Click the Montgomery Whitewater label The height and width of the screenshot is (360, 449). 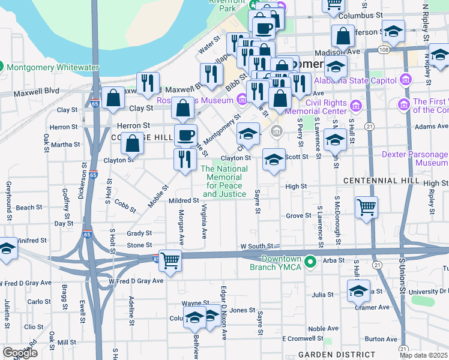pyautogui.click(x=53, y=68)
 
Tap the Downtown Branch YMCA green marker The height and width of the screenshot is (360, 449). pyautogui.click(x=310, y=262)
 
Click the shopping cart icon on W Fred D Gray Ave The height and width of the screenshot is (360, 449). pyautogui.click(x=170, y=261)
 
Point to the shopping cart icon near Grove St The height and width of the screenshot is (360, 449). pyautogui.click(x=366, y=208)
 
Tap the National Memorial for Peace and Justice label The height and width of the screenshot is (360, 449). pyautogui.click(x=224, y=181)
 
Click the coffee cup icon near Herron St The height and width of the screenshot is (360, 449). pyautogui.click(x=185, y=134)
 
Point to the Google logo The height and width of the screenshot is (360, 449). pyautogui.click(x=19, y=353)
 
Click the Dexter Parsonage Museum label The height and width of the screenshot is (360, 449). pyautogui.click(x=415, y=158)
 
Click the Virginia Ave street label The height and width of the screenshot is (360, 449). pyautogui.click(x=205, y=220)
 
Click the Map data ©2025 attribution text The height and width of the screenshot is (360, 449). pyautogui.click(x=423, y=355)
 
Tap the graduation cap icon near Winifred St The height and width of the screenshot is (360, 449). pyautogui.click(x=8, y=249)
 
